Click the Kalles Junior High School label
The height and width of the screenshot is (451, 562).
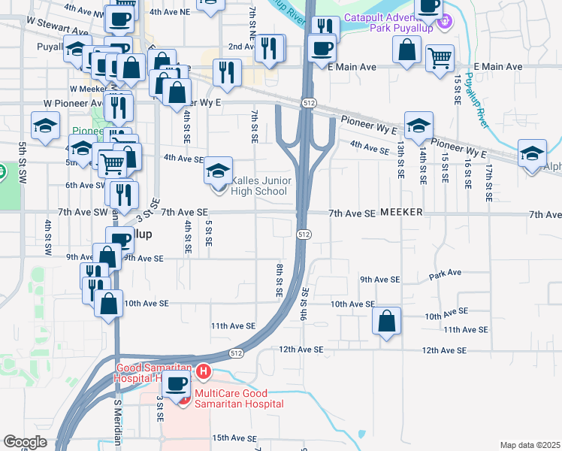pos(259,186)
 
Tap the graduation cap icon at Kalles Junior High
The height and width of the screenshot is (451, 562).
pos(218,171)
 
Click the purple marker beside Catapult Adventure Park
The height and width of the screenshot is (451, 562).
pos(445,22)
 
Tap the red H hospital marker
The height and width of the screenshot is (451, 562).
pos(201,371)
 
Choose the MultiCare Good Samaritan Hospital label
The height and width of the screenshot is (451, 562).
pos(239,398)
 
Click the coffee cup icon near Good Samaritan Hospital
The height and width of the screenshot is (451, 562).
pos(177,386)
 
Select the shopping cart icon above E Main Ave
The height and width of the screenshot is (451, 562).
pos(440,57)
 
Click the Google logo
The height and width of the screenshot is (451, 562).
pos(25,442)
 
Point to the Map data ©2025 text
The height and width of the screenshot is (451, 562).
pos(529,445)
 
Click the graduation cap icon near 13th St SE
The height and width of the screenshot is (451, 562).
pos(418,125)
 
